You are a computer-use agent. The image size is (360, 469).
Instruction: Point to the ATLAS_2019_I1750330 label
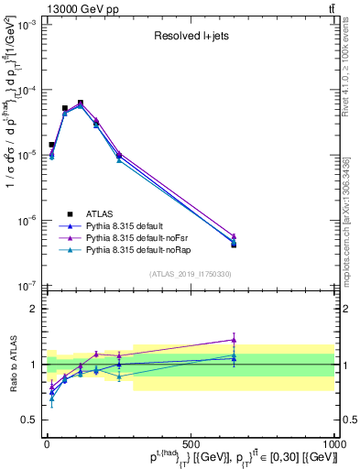(189, 274)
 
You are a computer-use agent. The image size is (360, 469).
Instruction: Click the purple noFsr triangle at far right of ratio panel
(234, 339)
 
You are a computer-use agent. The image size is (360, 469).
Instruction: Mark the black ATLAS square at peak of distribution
(81, 103)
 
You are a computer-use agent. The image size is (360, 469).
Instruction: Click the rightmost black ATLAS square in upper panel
(234, 245)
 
